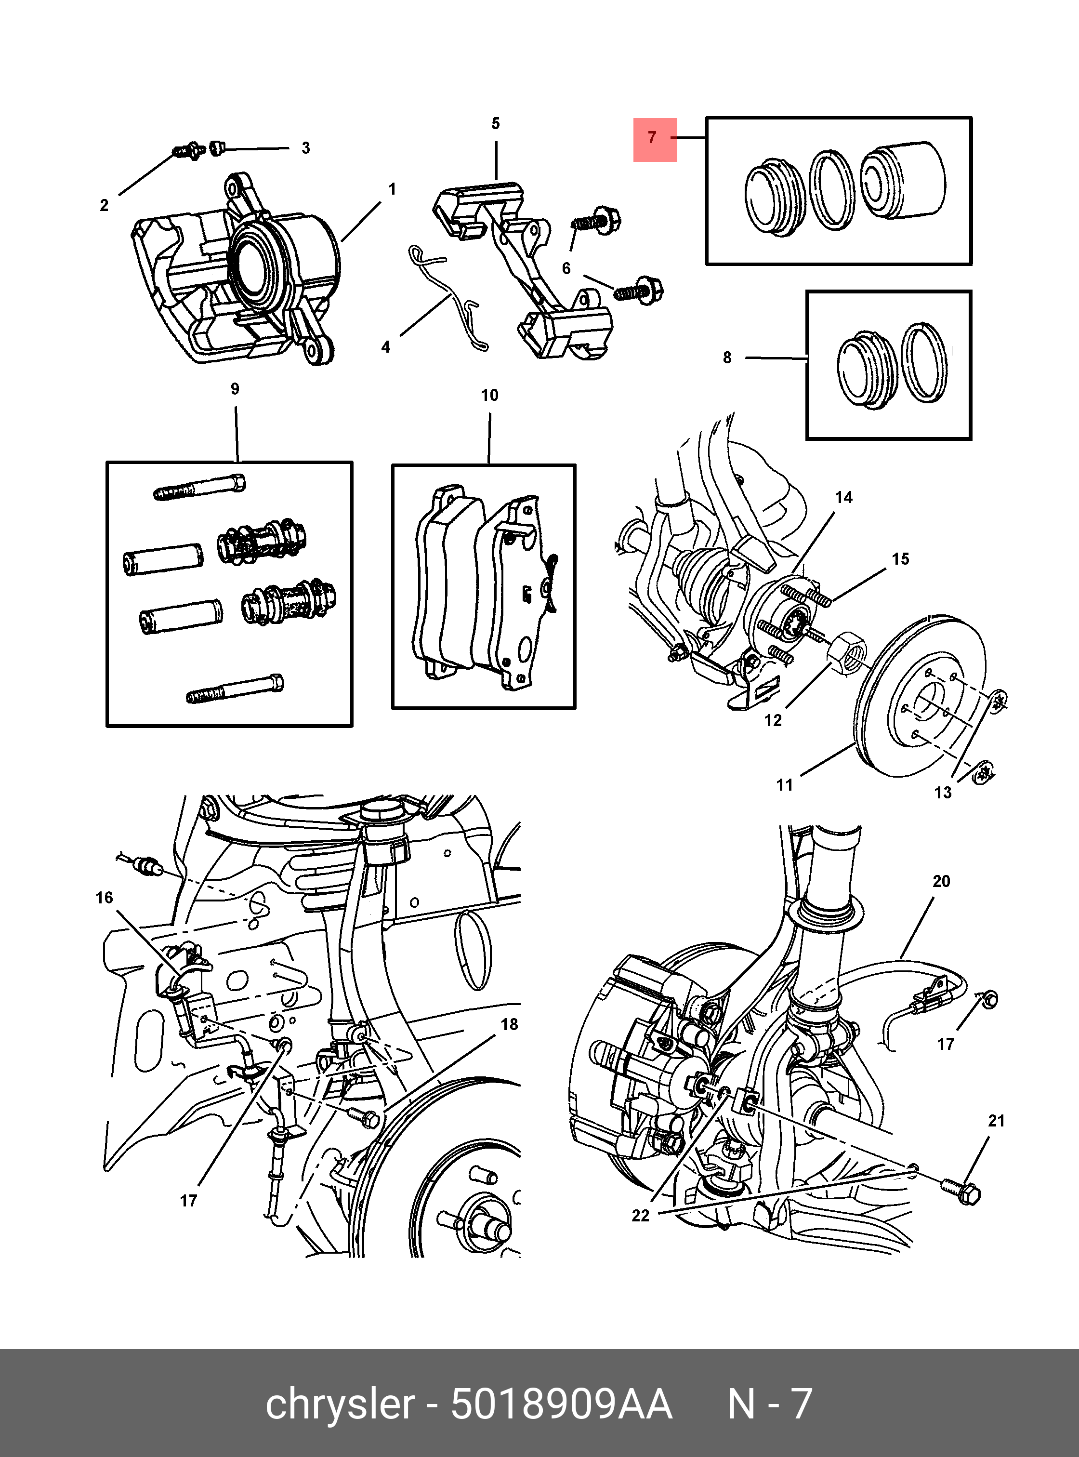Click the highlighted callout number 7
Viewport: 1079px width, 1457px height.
click(x=655, y=138)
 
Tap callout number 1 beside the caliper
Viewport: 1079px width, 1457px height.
click(x=392, y=189)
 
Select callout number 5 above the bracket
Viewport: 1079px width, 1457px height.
click(x=496, y=123)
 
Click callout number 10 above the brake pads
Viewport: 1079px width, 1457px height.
click(x=489, y=395)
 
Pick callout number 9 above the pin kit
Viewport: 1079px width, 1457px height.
click(x=235, y=389)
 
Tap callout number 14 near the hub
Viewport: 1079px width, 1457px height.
click(x=843, y=497)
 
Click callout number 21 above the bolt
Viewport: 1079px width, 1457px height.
click(x=996, y=1121)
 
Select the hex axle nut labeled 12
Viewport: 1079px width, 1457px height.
click(x=847, y=651)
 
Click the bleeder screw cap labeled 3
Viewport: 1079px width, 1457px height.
click(x=218, y=148)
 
